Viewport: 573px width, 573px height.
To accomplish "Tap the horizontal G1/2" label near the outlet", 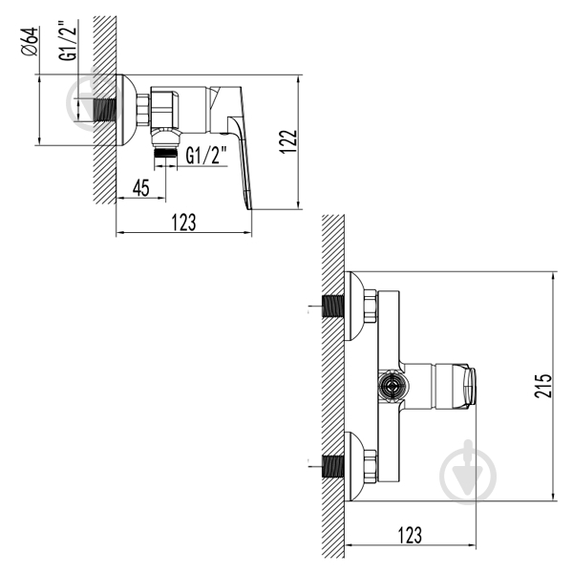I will (x=206, y=155).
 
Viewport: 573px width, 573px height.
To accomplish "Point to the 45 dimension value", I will (x=141, y=189).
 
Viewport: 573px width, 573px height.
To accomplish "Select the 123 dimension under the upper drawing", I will (x=183, y=223).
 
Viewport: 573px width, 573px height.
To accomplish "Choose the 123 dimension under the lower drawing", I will (x=412, y=537).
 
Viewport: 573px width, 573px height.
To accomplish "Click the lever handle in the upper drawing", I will (x=238, y=143).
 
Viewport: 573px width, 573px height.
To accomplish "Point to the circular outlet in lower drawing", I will (x=390, y=388).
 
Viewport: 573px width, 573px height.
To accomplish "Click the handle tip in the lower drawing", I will (x=470, y=387).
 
